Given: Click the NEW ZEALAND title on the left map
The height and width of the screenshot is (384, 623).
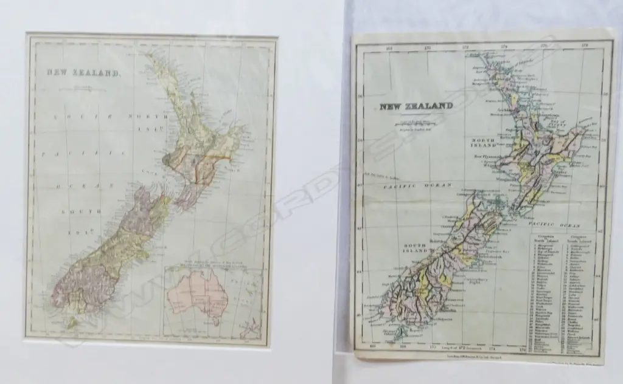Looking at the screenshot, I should (x=84, y=73).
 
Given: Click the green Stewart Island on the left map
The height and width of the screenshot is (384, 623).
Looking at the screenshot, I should (x=72, y=323).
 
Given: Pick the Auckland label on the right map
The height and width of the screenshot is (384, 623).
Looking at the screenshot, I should (x=494, y=110).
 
